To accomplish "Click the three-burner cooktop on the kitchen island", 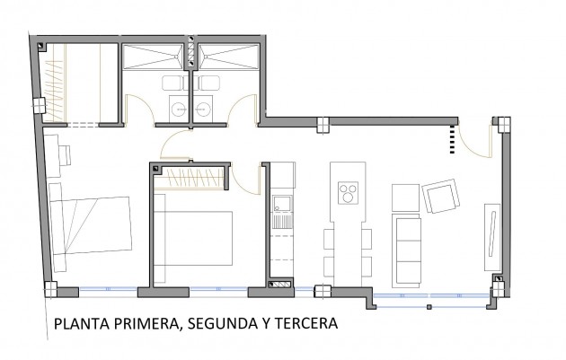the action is tap(348, 193).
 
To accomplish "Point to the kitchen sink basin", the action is tap(282, 203).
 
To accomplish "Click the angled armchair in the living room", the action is tap(441, 197).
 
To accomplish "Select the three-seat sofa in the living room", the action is tap(407, 250).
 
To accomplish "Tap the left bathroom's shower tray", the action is tap(153, 57).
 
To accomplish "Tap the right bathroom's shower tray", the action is tap(229, 57).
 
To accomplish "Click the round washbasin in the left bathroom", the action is tap(179, 109).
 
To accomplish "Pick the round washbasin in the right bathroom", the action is tap(203, 109).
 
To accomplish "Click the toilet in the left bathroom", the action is tap(173, 83).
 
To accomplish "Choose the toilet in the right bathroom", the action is tap(208, 83).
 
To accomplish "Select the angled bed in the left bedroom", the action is tap(90, 227).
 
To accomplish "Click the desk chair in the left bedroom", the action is tap(66, 155).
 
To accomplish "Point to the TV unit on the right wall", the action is tap(492, 237).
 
